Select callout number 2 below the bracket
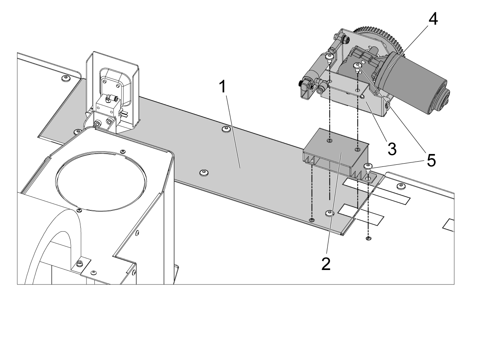(x=326, y=264)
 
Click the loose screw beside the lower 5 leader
(x=368, y=167)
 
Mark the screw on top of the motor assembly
(x=358, y=66)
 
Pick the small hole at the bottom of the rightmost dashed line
(x=368, y=238)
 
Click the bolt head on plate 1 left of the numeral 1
(x=204, y=172)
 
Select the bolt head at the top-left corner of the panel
(x=64, y=77)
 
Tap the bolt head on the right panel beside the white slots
(x=400, y=186)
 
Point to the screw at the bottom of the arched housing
(x=80, y=264)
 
